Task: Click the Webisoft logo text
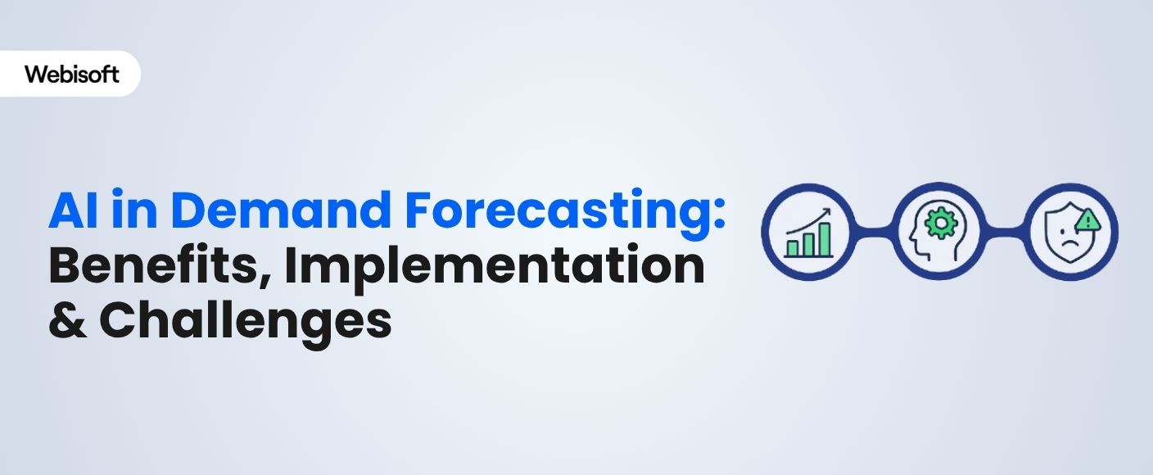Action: pos(71,75)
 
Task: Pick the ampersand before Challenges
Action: pos(68,320)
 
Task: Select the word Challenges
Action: pos(246,322)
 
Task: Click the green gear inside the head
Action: pos(942,221)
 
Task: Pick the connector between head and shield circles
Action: pos(1006,231)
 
